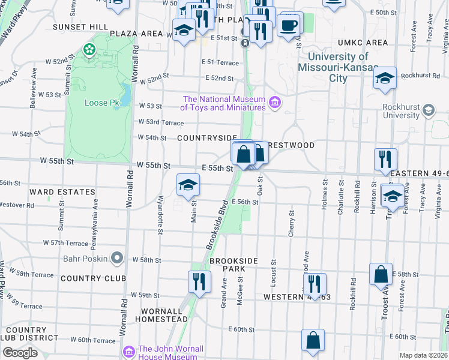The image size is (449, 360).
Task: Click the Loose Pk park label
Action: pos(103,103)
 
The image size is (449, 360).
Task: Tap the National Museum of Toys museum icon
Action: pos(275,103)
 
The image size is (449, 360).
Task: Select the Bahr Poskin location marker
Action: pos(117,259)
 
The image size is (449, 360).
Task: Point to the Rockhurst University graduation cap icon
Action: pos(429,110)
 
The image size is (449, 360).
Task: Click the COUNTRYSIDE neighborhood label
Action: pos(207,138)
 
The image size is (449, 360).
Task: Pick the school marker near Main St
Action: pos(188,184)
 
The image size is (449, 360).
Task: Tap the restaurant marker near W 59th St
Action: pos(199,281)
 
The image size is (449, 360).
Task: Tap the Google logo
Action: pos(20,353)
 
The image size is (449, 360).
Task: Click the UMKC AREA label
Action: pos(363,43)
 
